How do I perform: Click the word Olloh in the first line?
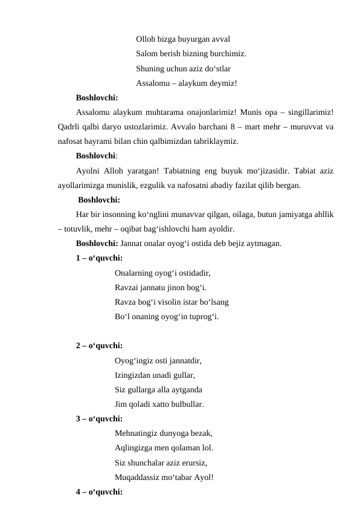point(147,37)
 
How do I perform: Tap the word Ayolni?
point(89,170)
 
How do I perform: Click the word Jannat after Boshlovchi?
point(133,244)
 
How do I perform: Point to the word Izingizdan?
point(133,375)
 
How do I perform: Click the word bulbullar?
point(185,404)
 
